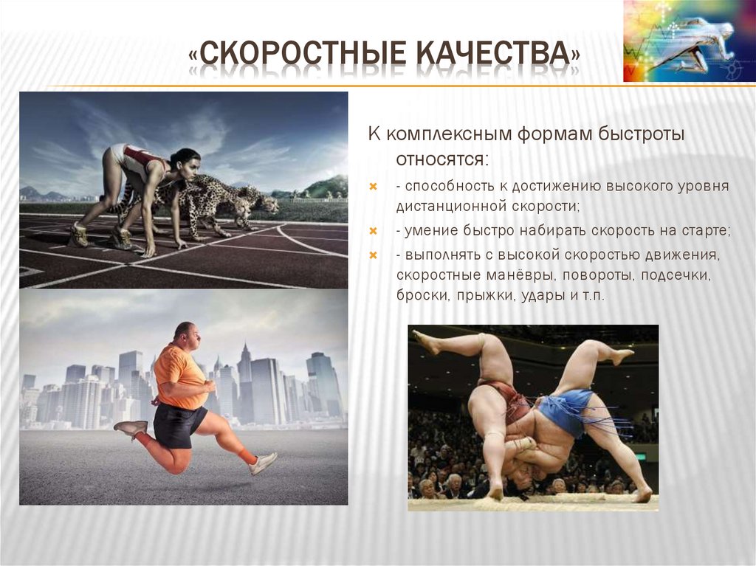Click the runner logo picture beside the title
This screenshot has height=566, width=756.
tap(689, 41)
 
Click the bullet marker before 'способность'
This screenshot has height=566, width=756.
tap(374, 187)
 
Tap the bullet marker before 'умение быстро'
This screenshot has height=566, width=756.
tap(374, 232)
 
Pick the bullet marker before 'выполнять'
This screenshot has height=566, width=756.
tap(374, 255)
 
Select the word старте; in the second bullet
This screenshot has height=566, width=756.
tap(705, 232)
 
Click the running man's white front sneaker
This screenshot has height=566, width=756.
tap(262, 463)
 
